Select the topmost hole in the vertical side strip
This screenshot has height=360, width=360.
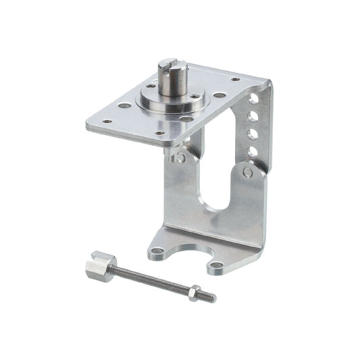click(x=253, y=99)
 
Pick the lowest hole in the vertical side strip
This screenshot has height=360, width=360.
click(x=251, y=152)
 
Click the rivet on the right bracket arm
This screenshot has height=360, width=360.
click(x=248, y=172)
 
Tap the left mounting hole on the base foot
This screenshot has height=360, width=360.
click(x=157, y=252)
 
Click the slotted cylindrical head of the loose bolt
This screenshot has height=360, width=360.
click(x=99, y=265)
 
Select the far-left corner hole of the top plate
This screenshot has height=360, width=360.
click(x=106, y=122)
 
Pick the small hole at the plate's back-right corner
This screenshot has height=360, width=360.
click(x=235, y=80)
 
